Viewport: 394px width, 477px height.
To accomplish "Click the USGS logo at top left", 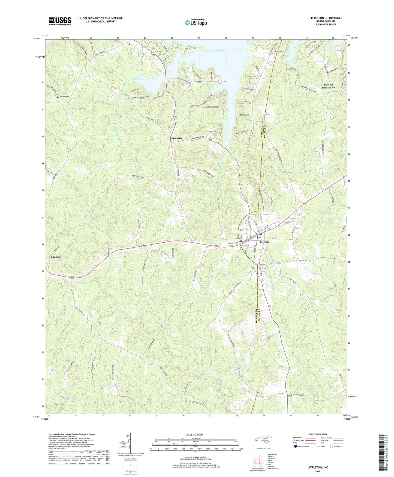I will (60, 21).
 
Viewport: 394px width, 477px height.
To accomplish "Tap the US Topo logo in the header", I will (196, 22).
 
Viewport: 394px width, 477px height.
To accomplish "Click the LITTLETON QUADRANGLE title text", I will (326, 18).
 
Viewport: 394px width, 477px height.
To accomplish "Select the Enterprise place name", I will (176, 138).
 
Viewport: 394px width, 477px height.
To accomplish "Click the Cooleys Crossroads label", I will (328, 86).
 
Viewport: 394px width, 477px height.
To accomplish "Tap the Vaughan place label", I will (56, 257).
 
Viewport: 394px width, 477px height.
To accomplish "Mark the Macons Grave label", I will (65, 97).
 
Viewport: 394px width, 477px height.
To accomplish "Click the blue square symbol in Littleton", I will (261, 234).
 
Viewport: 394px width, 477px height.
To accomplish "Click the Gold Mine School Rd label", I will (296, 395).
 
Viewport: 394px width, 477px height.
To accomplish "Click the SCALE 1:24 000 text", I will (194, 435).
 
